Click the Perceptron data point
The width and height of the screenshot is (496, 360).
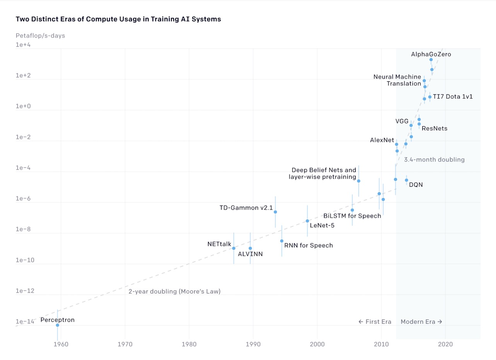[x=58, y=325]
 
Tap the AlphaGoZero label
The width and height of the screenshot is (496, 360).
[x=431, y=55]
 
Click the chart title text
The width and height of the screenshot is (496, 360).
[x=118, y=19]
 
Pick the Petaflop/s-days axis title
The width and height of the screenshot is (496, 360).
[x=40, y=36]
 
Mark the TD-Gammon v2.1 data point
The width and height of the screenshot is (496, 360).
[x=275, y=212]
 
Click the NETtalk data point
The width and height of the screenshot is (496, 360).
[x=234, y=248]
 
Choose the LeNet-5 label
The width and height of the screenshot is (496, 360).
[x=322, y=225]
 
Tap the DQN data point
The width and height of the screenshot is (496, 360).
[x=406, y=180]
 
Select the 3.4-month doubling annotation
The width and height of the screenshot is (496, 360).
[x=434, y=160]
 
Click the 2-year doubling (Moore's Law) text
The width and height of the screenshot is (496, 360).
[x=174, y=291]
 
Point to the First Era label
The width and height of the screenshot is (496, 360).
[x=375, y=322]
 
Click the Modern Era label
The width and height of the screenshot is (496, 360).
[x=421, y=322]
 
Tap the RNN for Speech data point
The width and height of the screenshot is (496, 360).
[x=282, y=241]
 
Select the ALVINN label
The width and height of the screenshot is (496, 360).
[x=250, y=254]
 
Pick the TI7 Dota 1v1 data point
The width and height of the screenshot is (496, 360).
[x=430, y=97]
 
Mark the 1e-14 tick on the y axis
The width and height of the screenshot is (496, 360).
[x=25, y=322]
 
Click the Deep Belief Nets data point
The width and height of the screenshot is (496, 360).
[x=359, y=181]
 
